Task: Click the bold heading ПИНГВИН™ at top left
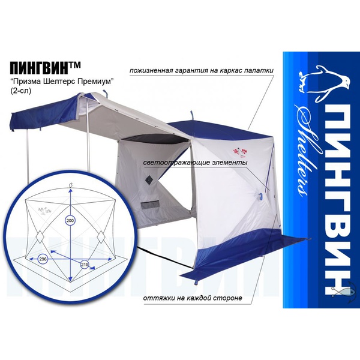coord(45,67)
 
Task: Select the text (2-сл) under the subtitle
coord(20,91)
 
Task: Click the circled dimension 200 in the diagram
coord(70,221)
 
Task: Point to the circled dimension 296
coord(43,259)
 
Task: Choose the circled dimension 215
coord(85,265)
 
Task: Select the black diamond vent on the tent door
coord(149,179)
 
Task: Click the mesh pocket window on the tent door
coord(149,205)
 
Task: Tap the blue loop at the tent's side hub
coord(260,197)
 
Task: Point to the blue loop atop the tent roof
coord(191,115)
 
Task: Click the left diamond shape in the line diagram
coord(40,237)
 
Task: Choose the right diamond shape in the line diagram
coord(101,237)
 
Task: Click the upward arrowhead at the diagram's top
coord(70,190)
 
